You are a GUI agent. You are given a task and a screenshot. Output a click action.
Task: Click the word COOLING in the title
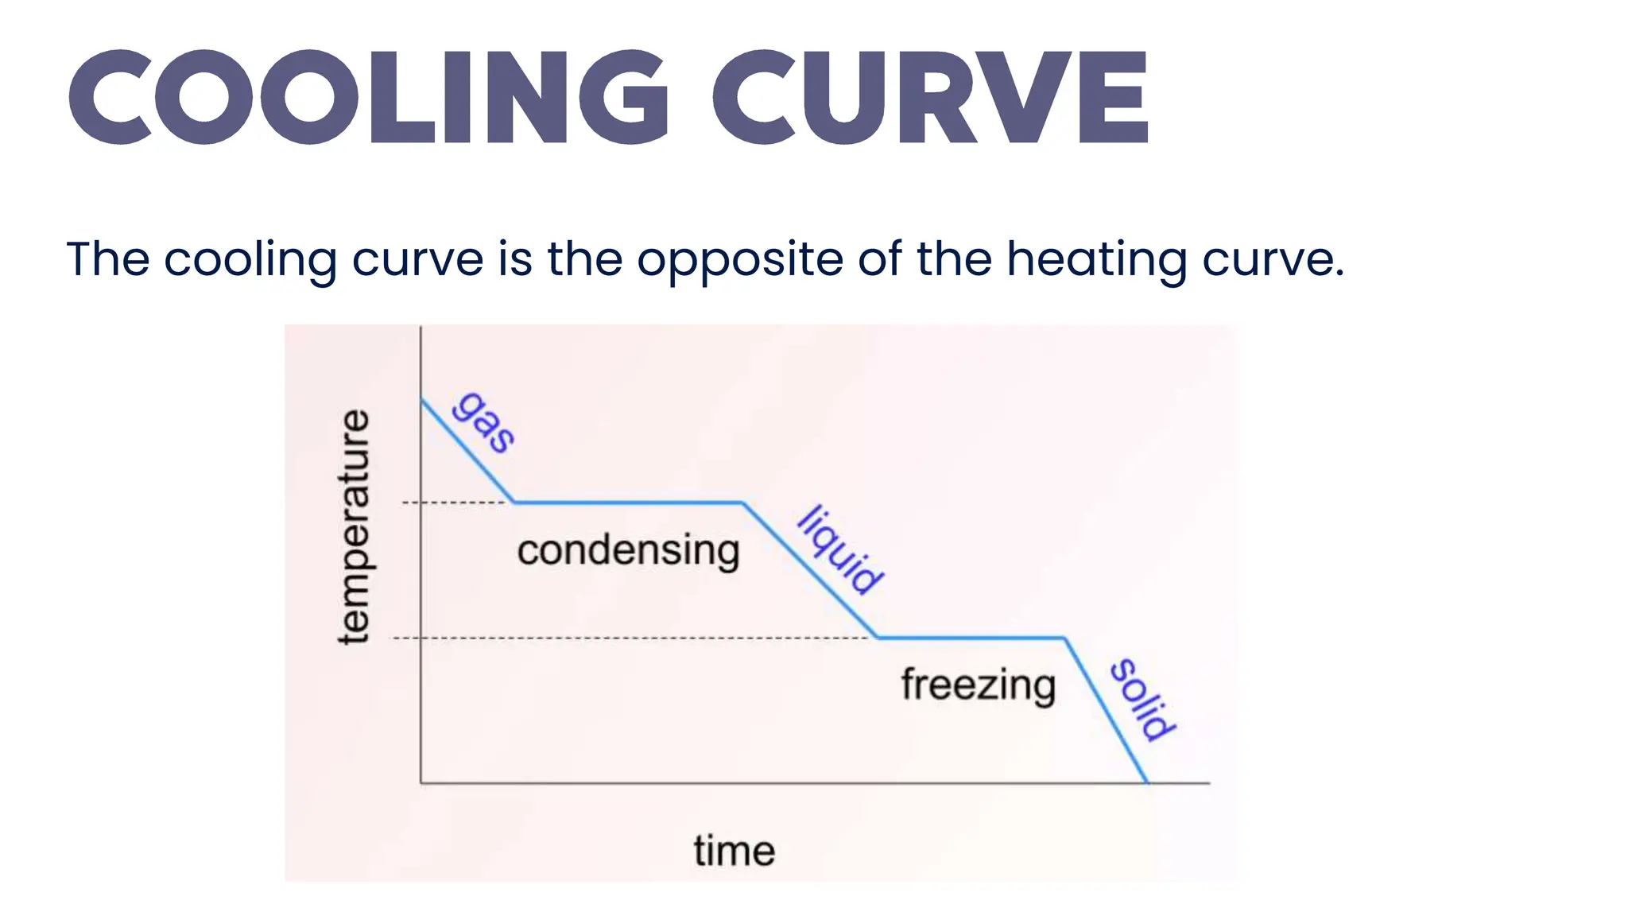(369, 97)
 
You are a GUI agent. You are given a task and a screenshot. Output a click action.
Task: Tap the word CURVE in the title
(930, 97)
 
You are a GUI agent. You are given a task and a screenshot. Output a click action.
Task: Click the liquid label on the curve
(840, 549)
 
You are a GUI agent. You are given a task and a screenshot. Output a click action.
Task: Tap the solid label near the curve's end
(1142, 700)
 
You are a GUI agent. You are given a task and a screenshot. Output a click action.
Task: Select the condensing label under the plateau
(628, 550)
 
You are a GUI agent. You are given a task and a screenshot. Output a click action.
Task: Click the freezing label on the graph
(978, 685)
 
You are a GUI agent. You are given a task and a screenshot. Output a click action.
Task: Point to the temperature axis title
(355, 526)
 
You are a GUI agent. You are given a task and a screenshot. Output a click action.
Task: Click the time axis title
(734, 851)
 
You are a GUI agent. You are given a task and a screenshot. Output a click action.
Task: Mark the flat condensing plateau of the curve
(628, 503)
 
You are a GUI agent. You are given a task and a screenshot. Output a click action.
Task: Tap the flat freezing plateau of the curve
(970, 638)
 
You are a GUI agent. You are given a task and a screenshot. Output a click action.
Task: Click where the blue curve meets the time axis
(1147, 783)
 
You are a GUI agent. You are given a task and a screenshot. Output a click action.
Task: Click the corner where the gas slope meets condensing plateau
(514, 503)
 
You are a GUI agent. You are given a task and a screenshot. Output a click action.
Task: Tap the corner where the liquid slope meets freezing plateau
(878, 638)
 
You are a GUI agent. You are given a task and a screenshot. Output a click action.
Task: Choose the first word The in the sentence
(108, 259)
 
